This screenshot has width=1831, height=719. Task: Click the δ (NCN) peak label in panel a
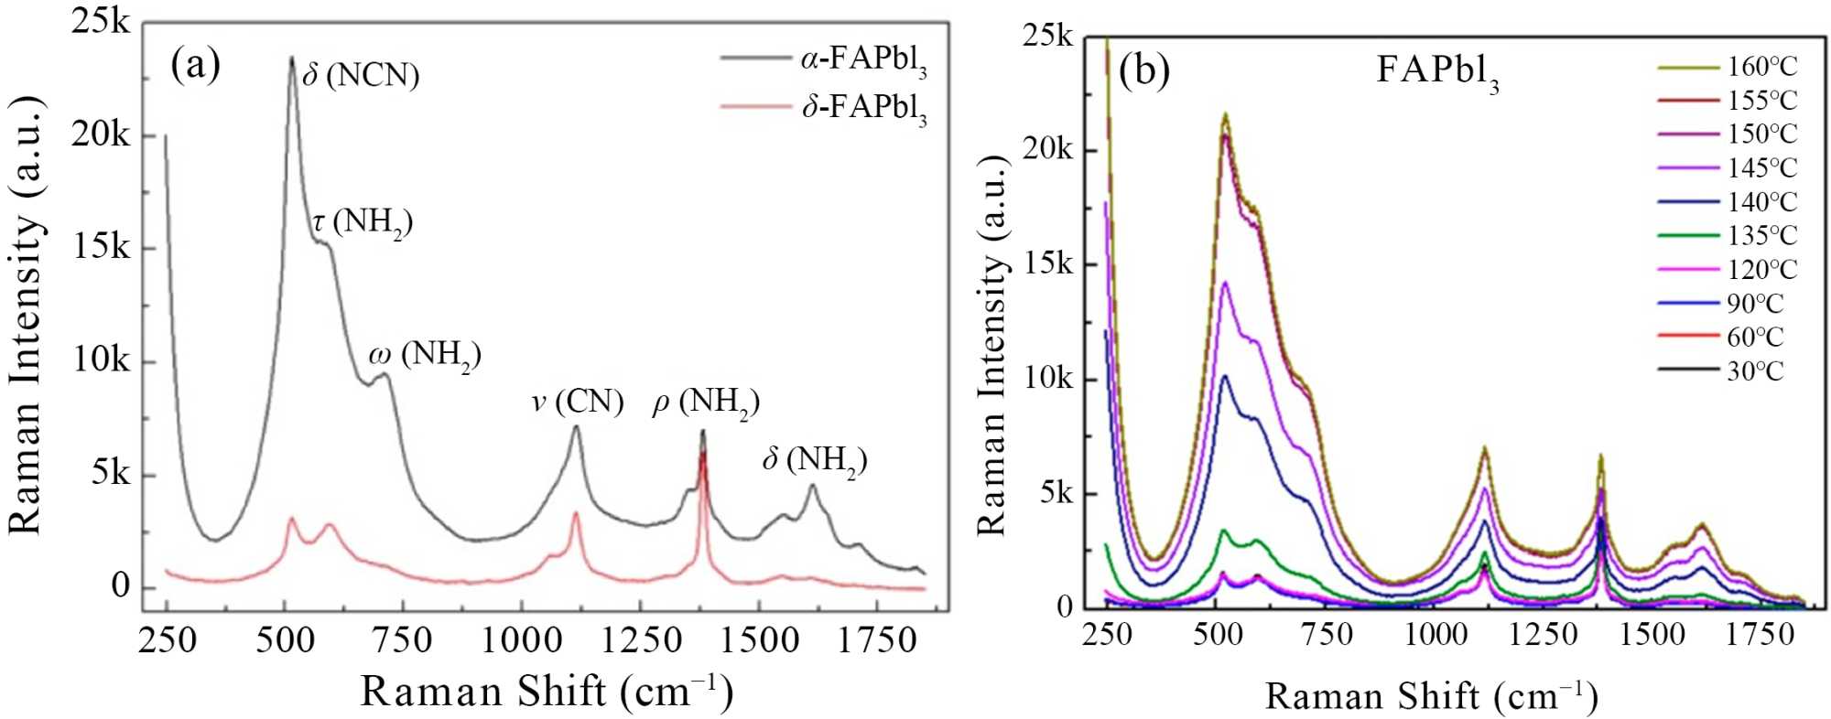[361, 75]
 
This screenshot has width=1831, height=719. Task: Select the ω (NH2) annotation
[425, 356]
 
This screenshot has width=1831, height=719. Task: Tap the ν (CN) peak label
[578, 402]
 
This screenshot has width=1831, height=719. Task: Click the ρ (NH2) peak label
[705, 403]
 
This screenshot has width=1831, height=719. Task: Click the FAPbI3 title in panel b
[1437, 71]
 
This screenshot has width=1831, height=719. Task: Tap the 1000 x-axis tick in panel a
[521, 640]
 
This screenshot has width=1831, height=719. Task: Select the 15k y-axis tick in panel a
[103, 248]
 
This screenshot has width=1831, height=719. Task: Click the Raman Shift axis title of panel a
[547, 692]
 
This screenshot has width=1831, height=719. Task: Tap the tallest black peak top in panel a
[291, 59]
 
